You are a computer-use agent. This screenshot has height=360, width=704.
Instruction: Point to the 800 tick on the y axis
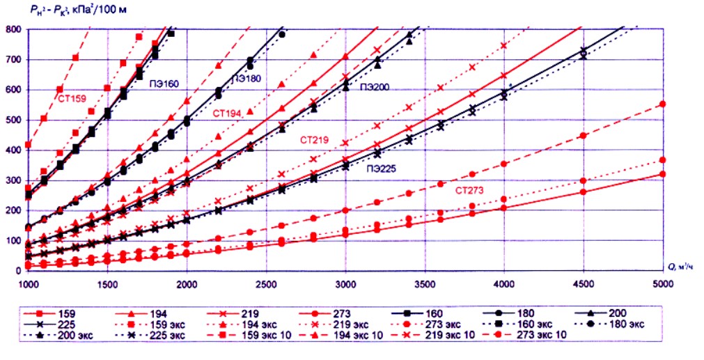coord(13,30)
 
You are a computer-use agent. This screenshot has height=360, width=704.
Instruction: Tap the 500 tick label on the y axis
coord(13,120)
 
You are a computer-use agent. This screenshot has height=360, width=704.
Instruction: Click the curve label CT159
coord(72,99)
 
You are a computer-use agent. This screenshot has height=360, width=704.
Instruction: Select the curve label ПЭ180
coord(247,79)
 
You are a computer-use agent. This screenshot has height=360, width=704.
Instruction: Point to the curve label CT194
coord(228,112)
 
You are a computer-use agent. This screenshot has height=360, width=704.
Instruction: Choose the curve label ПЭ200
coord(375,87)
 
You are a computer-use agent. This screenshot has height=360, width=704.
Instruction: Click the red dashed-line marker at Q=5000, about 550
coord(662,104)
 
